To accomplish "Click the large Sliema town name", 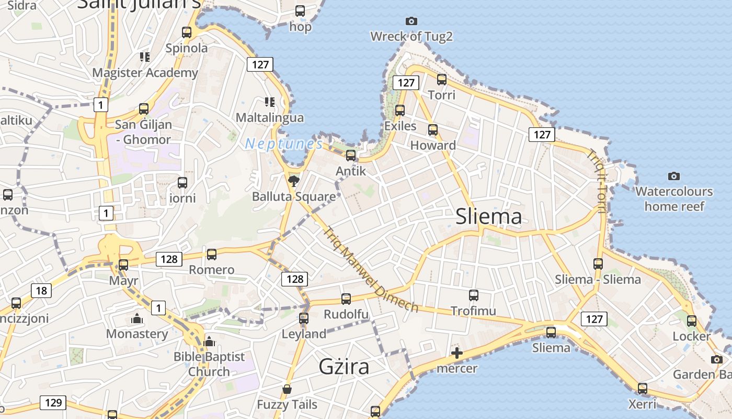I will pyautogui.click(x=488, y=216).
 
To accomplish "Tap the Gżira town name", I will pyautogui.click(x=344, y=366).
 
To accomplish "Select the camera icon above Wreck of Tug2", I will pyautogui.click(x=411, y=21).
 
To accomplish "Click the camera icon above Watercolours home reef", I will pyautogui.click(x=674, y=176).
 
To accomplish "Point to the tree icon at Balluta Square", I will pyautogui.click(x=294, y=181).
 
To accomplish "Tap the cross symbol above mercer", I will pyautogui.click(x=457, y=353).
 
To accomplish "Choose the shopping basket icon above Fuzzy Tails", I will pyautogui.click(x=287, y=389).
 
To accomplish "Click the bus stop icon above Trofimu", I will pyautogui.click(x=474, y=295).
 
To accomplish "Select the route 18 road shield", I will pyautogui.click(x=41, y=291).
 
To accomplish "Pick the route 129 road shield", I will pyautogui.click(x=53, y=403).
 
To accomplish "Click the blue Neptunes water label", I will pyautogui.click(x=284, y=144).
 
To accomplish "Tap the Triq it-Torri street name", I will pyautogui.click(x=596, y=181).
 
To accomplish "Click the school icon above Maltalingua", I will pyautogui.click(x=269, y=102).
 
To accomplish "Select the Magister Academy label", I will pyautogui.click(x=145, y=73).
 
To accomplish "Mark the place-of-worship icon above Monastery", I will pyautogui.click(x=137, y=318).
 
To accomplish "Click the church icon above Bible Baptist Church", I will pyautogui.click(x=209, y=341).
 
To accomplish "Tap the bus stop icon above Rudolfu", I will pyautogui.click(x=346, y=299).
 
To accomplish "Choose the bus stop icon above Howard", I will pyautogui.click(x=433, y=130).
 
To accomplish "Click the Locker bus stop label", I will pyautogui.click(x=691, y=336).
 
